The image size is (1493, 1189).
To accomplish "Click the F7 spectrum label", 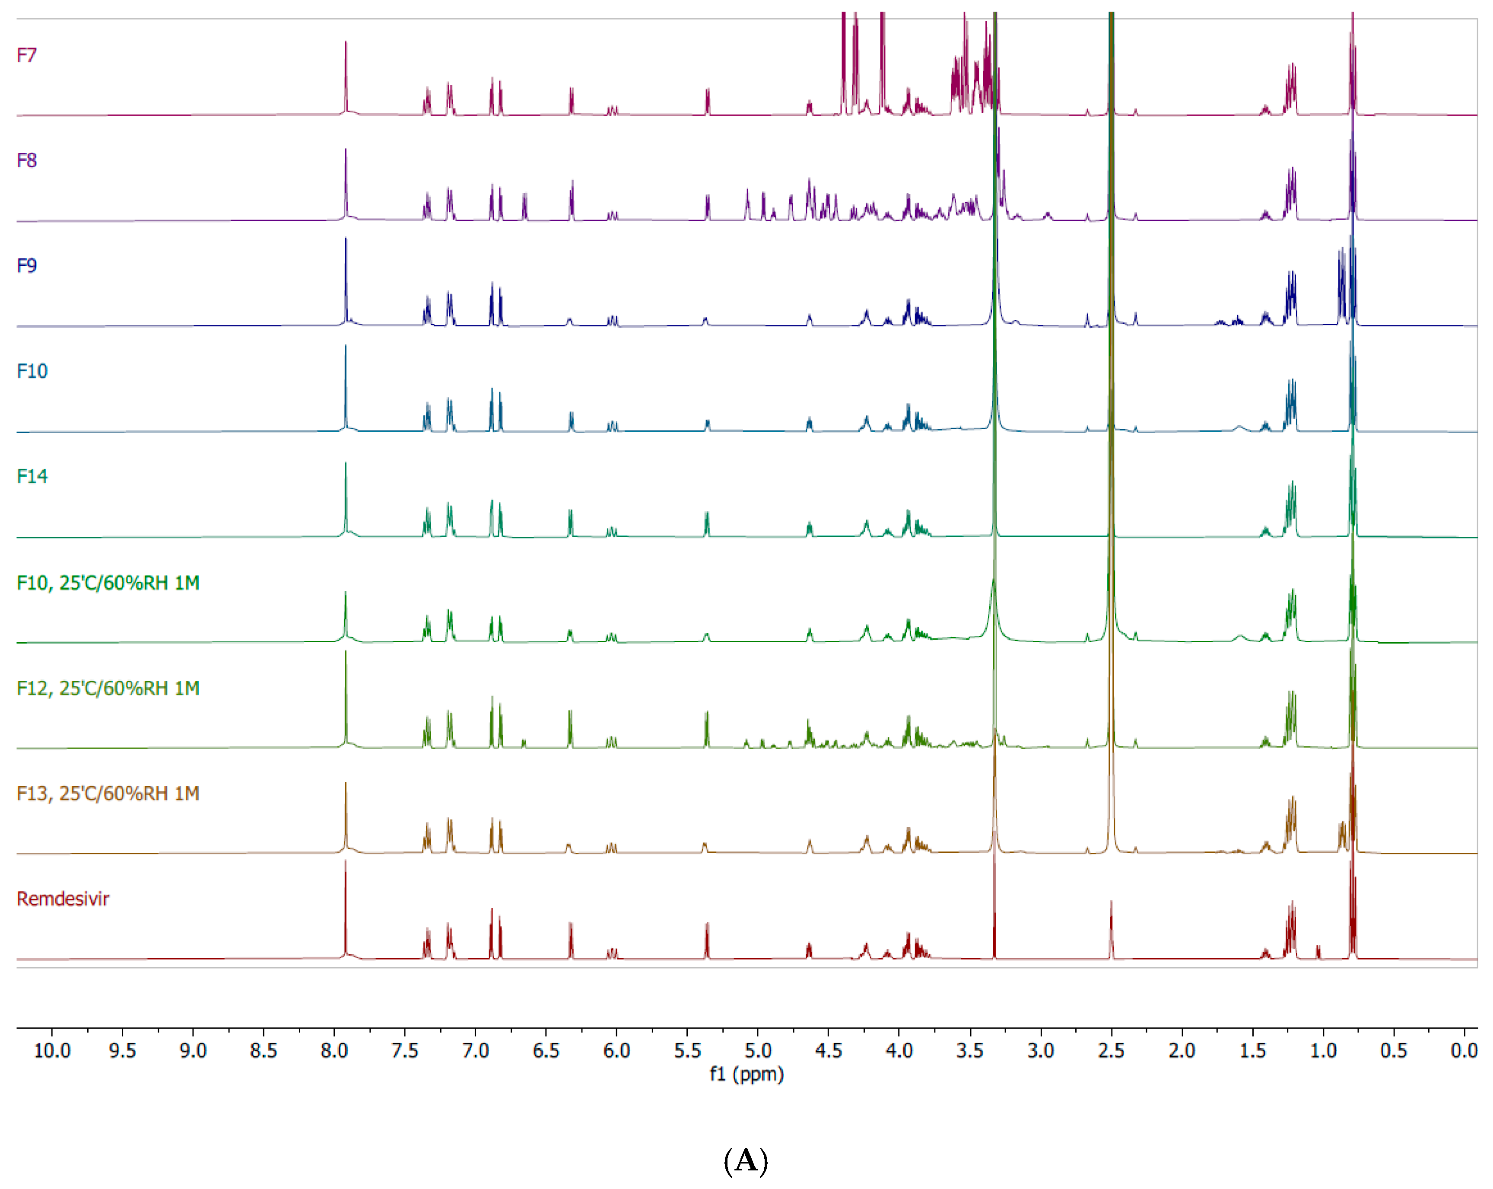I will point(26,55).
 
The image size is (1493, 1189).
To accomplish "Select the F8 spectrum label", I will point(26,161).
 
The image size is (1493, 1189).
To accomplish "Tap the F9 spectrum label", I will point(26,266).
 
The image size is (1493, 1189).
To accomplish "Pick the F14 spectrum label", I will point(32,477).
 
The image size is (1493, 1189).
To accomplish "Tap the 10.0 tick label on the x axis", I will point(52,1051).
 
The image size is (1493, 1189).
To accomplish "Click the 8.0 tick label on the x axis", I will point(334,1051).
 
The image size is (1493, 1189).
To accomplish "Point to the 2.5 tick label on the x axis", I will point(1111,1051).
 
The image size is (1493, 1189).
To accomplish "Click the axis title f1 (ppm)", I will point(746,1074).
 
